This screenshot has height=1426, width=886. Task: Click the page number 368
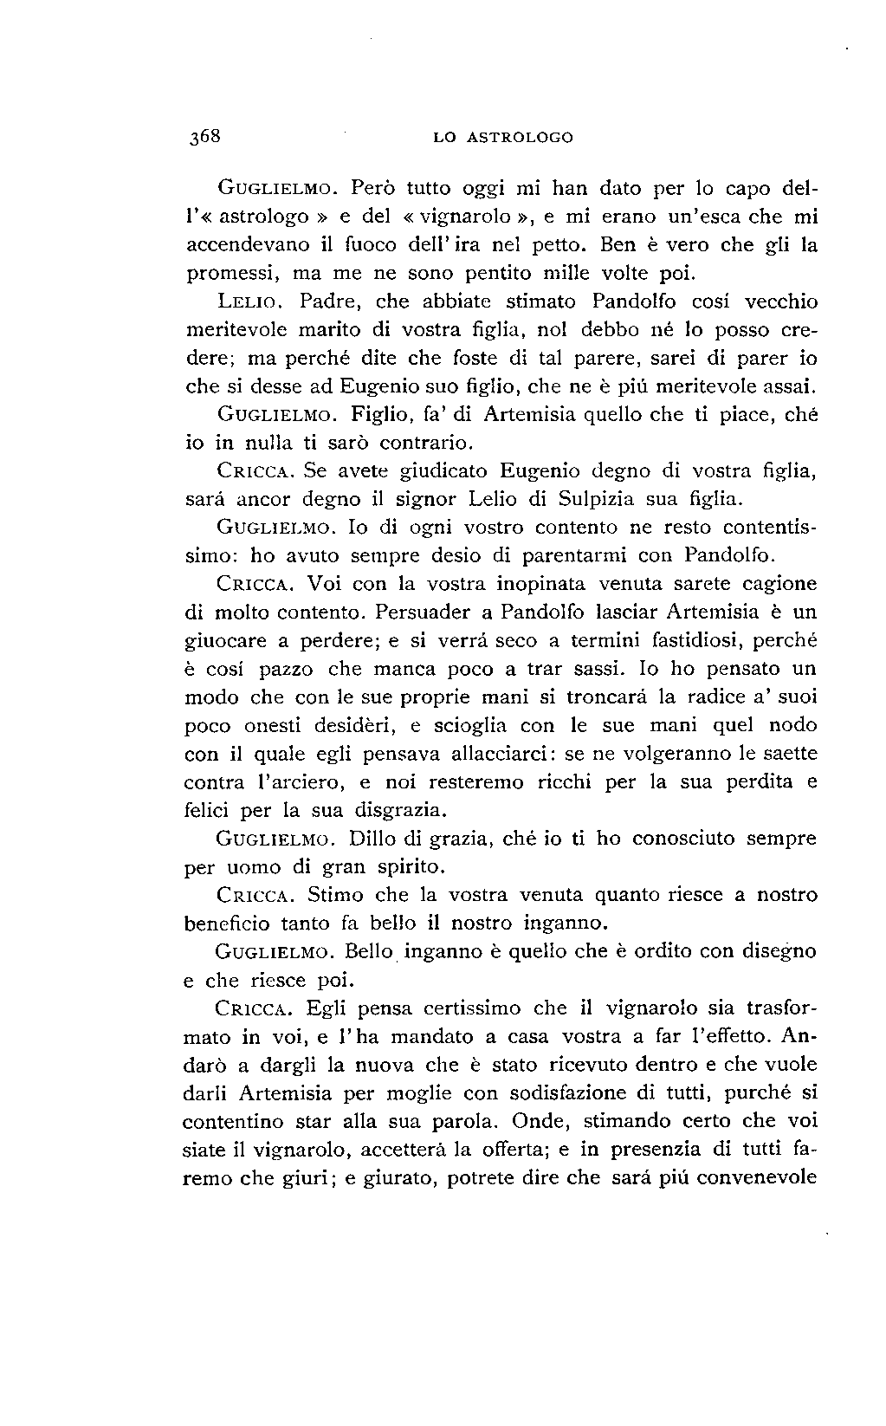pyautogui.click(x=205, y=137)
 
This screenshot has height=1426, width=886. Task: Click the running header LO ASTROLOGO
pyautogui.click(x=503, y=138)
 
